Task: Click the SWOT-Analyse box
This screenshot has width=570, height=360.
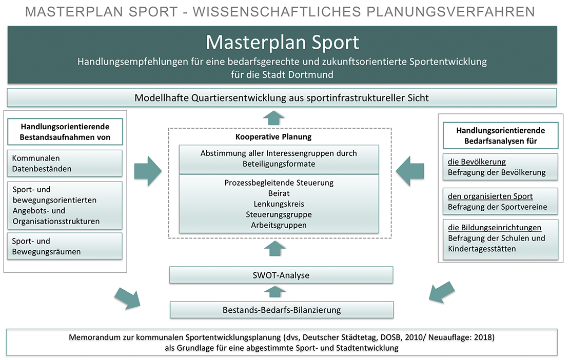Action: (x=281, y=275)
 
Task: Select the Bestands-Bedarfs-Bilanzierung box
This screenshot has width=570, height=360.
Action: (x=281, y=310)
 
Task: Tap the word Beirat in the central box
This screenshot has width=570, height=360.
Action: (x=279, y=193)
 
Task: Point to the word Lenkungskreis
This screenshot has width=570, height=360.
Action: (x=279, y=204)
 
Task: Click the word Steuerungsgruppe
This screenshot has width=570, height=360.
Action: (x=279, y=214)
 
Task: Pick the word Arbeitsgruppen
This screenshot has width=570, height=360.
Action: (x=279, y=225)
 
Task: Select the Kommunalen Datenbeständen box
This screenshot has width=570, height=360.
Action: (x=64, y=163)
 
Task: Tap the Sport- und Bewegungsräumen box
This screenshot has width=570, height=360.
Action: (x=64, y=246)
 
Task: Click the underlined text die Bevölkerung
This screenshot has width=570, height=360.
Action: (x=477, y=162)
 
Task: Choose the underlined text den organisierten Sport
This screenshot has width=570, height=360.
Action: (x=490, y=196)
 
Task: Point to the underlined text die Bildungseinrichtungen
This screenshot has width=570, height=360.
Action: (x=495, y=228)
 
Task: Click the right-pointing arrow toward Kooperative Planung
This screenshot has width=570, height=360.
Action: (x=147, y=171)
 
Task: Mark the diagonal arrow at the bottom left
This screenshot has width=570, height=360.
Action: (x=128, y=298)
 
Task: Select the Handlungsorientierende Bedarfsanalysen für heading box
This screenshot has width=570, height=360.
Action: (x=500, y=136)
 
